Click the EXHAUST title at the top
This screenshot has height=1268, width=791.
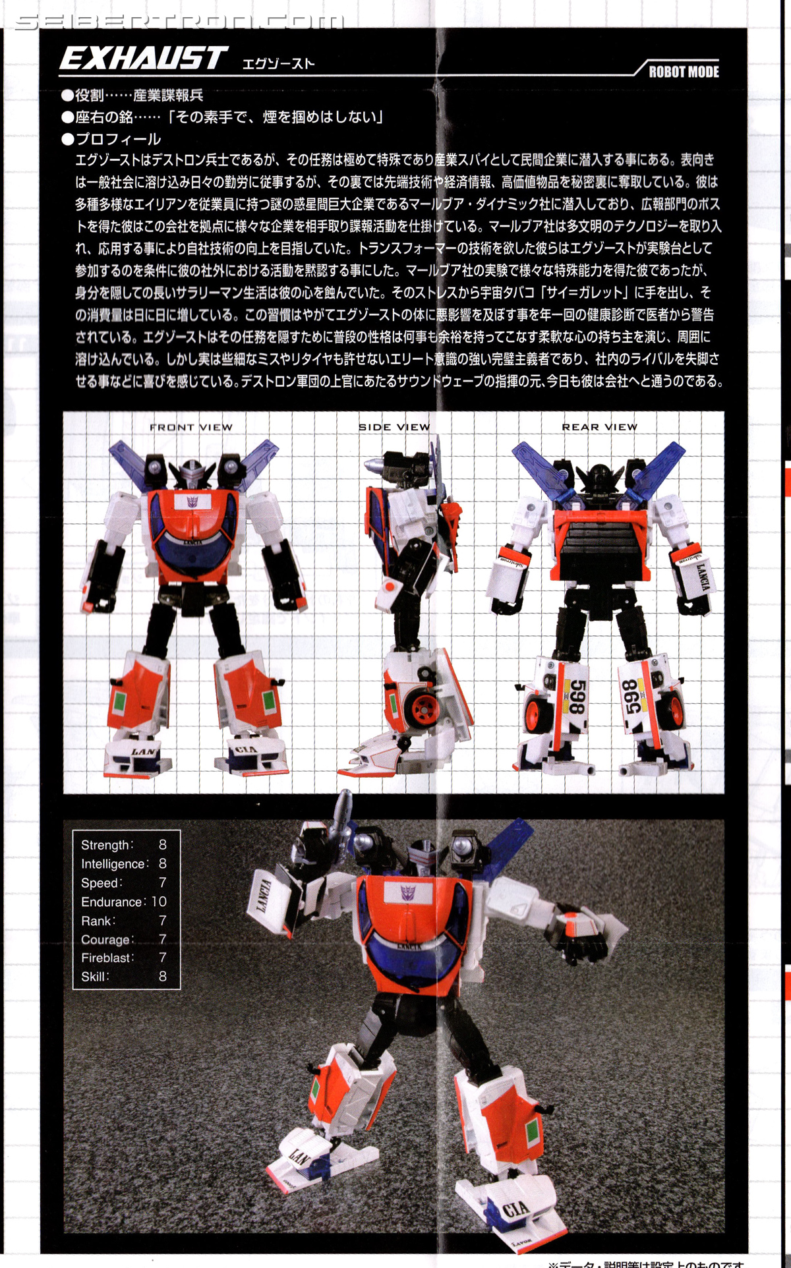click(144, 58)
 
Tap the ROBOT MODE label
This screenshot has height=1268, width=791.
click(684, 72)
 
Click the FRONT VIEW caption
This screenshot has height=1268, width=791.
click(191, 427)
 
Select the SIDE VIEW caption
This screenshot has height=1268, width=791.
click(394, 427)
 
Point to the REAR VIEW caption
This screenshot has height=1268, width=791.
click(600, 427)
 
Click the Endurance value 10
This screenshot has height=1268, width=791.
click(159, 902)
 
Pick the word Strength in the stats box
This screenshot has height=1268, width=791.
click(105, 845)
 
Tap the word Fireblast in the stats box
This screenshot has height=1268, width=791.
click(106, 958)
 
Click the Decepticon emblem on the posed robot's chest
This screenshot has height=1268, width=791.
click(409, 893)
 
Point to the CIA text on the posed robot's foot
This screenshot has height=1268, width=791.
click(515, 1209)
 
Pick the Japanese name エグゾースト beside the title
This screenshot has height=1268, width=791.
click(278, 63)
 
